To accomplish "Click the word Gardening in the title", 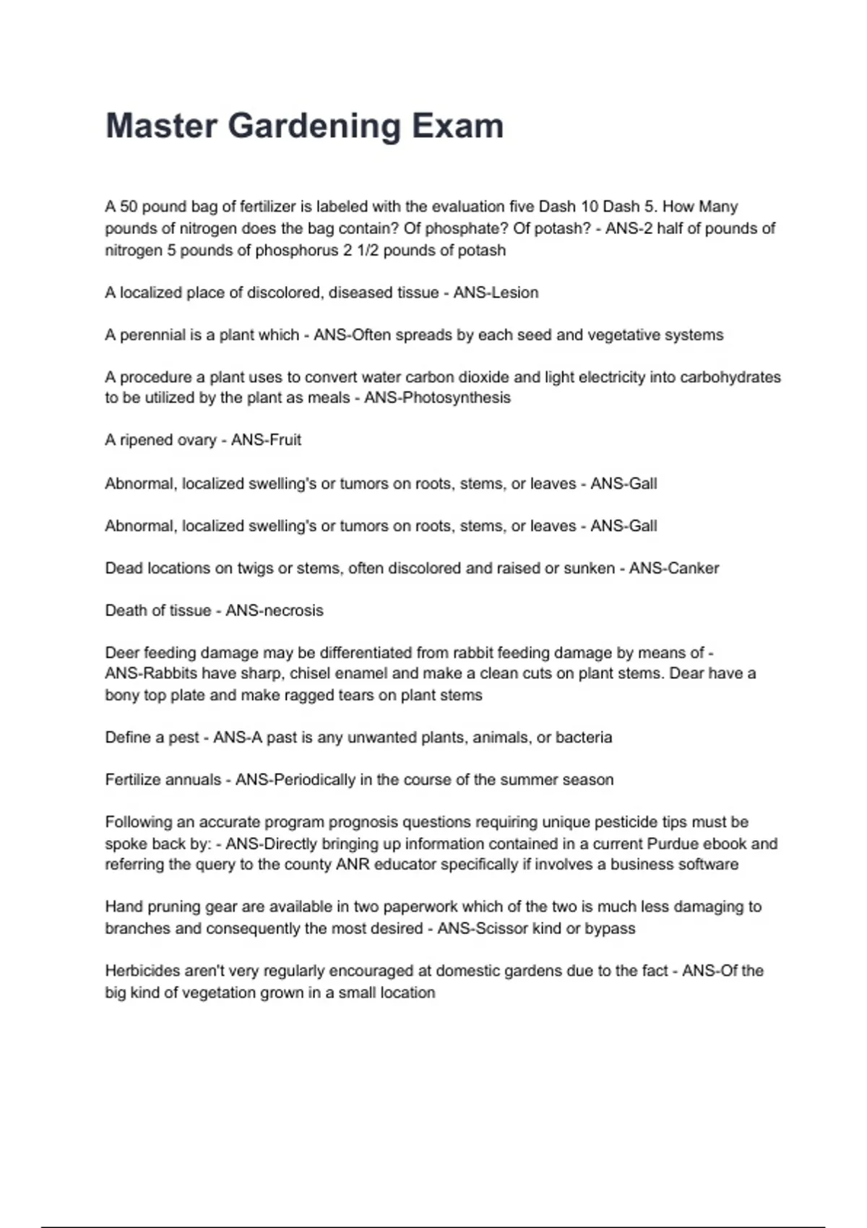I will (314, 126).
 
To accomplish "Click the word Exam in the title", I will (457, 126).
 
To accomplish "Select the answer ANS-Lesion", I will (496, 293).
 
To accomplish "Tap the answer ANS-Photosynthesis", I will (437, 398).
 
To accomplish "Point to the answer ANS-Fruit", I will (266, 440).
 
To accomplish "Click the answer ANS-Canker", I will (673, 568).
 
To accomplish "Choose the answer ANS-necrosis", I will (275, 610).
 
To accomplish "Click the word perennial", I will (152, 335).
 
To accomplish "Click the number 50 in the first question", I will (129, 207).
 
